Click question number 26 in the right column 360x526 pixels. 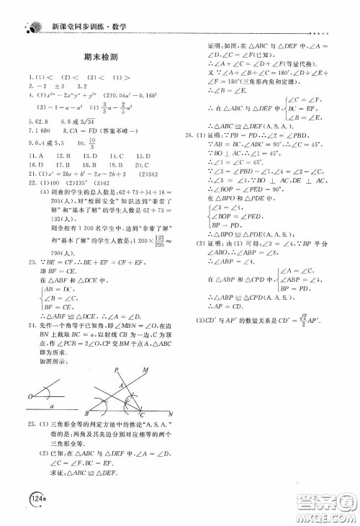pyautogui.click(x=189, y=135)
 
